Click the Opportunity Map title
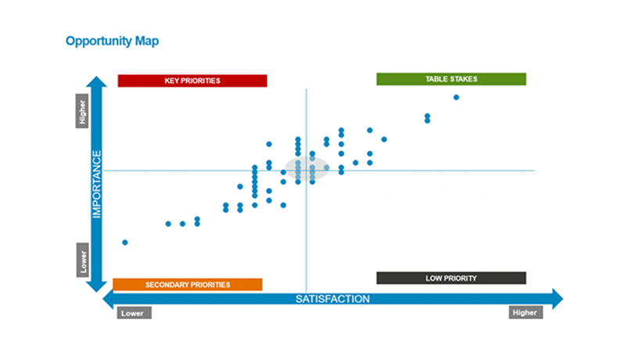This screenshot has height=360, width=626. point(112,41)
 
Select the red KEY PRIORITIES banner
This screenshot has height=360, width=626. point(192,81)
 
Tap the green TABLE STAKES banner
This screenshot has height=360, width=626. point(452,79)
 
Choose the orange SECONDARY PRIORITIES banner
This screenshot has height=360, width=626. point(188,285)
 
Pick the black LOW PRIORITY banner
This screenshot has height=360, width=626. point(452,278)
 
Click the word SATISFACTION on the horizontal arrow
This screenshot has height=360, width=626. point(333,299)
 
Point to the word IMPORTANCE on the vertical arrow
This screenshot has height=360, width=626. point(97,185)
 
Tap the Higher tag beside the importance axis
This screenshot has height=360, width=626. point(82,111)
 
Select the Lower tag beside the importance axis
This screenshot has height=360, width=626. point(83,260)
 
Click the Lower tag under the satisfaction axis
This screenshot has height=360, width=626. point(134,313)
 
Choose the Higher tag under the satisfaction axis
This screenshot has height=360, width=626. point(526,312)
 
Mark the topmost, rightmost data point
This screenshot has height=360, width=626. point(456,97)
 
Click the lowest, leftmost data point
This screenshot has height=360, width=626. point(125,243)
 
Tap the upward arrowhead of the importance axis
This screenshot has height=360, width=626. point(96,81)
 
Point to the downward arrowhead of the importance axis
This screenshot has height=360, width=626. point(96,287)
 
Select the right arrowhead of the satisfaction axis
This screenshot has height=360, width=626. point(558,298)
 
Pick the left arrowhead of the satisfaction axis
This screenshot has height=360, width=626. point(108,299)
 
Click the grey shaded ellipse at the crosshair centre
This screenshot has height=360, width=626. point(307,168)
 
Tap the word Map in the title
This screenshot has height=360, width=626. point(146,41)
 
